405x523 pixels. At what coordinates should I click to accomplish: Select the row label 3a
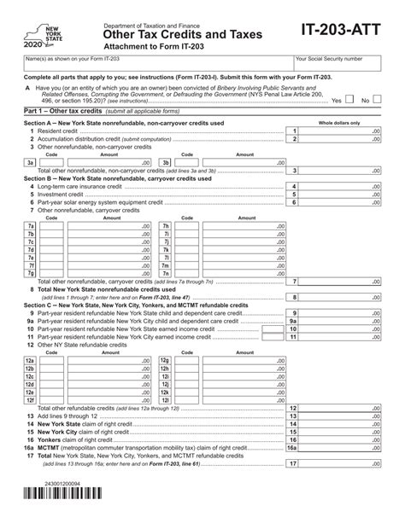(31, 161)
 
